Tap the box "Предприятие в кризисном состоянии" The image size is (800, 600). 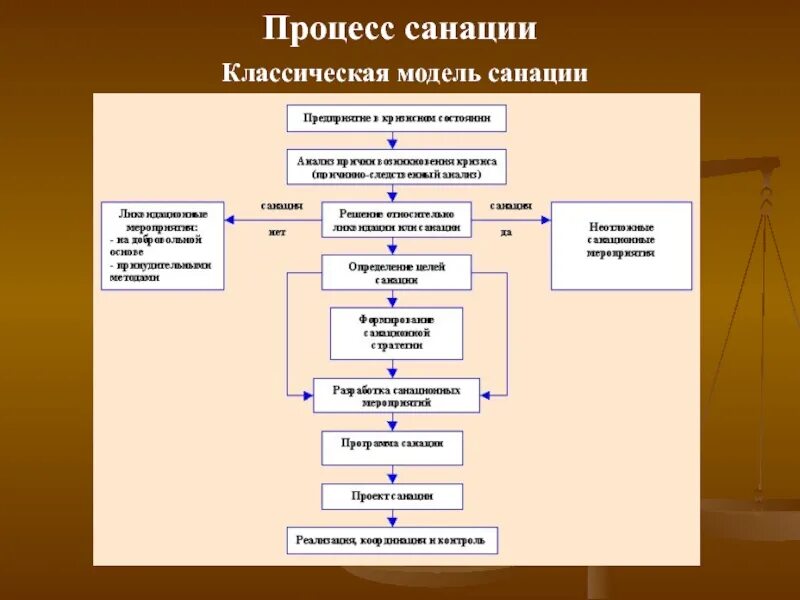click(x=397, y=118)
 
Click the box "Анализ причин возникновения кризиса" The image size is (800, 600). click(x=397, y=166)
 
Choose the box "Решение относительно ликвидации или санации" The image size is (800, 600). click(x=397, y=220)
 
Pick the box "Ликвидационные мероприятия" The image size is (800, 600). click(x=163, y=245)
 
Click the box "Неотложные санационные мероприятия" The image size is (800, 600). click(x=621, y=245)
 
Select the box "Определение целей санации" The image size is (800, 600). click(x=397, y=273)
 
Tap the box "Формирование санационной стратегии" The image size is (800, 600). click(x=397, y=332)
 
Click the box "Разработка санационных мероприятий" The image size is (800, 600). click(x=397, y=395)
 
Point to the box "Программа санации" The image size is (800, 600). click(x=392, y=447)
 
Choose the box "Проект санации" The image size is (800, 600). click(x=392, y=496)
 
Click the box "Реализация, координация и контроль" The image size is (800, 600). click(x=392, y=540)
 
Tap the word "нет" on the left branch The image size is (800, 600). click(x=276, y=232)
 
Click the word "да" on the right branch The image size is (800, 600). click(x=506, y=232)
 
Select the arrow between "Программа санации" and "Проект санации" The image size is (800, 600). click(x=392, y=474)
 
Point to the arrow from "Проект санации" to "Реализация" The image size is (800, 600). click(x=392, y=518)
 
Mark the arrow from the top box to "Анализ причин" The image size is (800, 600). click(x=397, y=140)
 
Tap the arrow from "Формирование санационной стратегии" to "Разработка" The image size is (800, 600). click(x=397, y=368)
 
